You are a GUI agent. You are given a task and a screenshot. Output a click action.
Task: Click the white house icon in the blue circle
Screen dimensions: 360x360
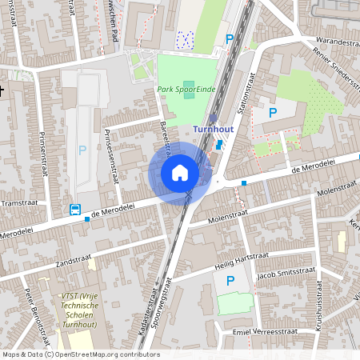point(180,173)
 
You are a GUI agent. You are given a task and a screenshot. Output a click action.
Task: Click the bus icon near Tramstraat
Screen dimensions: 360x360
point(74,210)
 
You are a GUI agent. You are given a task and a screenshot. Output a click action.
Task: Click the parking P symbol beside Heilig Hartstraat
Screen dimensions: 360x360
point(231,280)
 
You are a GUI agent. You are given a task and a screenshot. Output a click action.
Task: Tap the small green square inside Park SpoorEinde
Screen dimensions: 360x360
point(189,85)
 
